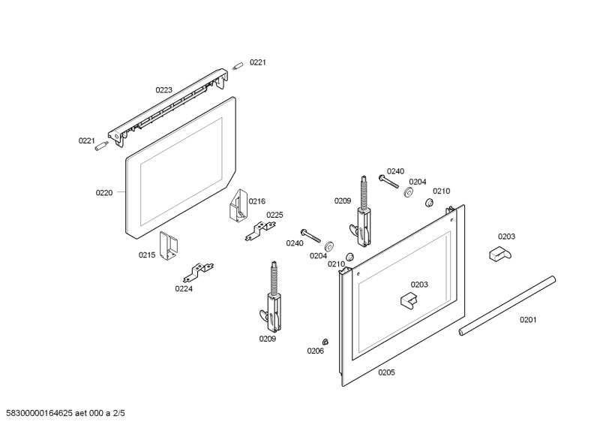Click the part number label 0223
(x=163, y=90)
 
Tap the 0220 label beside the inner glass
(x=103, y=193)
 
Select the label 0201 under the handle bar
(x=529, y=321)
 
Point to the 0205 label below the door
(x=386, y=372)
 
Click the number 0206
(x=315, y=351)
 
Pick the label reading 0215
(x=146, y=255)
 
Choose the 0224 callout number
(x=184, y=288)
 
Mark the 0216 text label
(x=257, y=201)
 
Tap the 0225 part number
(x=274, y=215)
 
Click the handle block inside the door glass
(x=409, y=300)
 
